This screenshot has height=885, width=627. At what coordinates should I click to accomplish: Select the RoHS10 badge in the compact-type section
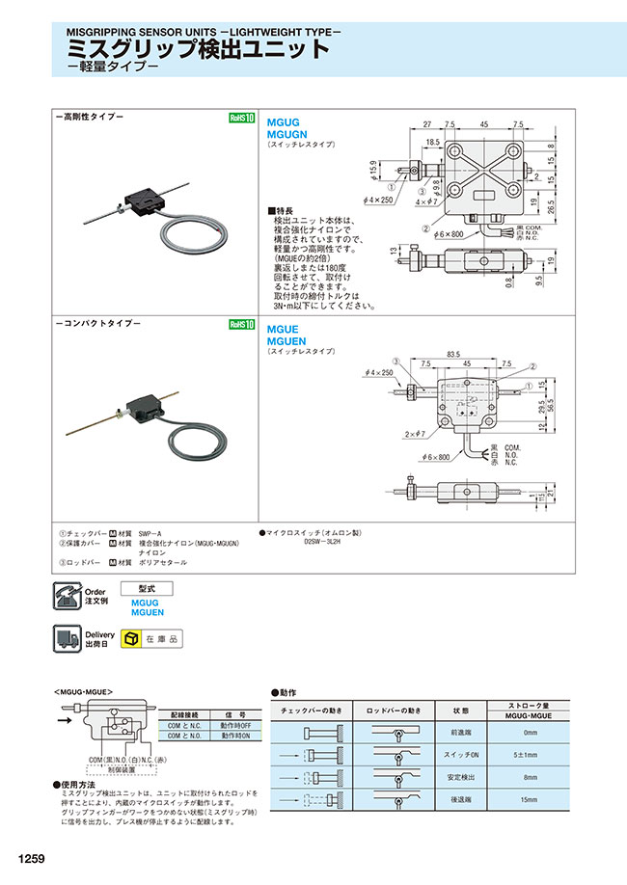click(240, 325)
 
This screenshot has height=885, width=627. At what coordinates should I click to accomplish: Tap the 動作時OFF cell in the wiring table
click(235, 725)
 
